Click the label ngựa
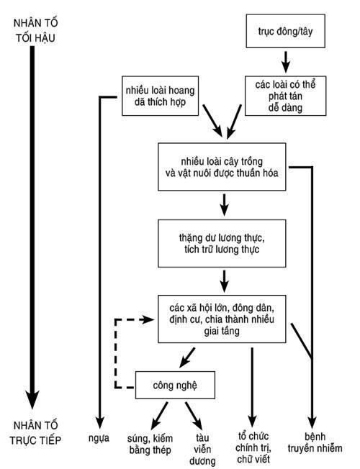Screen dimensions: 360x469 (99, 439)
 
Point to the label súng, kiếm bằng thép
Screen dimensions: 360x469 (150, 444)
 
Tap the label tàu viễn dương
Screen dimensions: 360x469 (202, 450)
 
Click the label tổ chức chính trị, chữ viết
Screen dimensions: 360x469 (253, 447)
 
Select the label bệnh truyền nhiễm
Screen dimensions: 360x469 (315, 442)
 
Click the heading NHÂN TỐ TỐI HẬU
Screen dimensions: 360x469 (36, 30)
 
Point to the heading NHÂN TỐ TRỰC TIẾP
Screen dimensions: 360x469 (35, 433)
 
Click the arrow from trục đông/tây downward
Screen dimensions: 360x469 (286, 62)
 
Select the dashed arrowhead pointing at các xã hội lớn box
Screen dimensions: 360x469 (148, 319)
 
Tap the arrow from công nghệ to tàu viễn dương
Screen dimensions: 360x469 (194, 416)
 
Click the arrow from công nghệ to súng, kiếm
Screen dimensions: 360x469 (159, 416)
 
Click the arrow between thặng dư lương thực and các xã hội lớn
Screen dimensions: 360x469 (224, 281)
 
